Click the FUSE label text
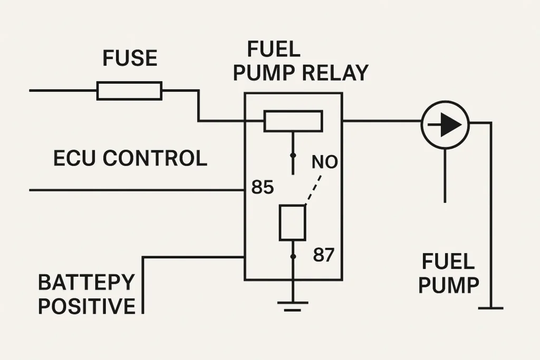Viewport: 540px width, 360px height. [130, 58]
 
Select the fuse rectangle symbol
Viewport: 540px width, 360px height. [129, 91]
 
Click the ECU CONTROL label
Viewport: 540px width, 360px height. [130, 158]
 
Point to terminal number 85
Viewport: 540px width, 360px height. [262, 187]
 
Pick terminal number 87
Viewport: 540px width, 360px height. [323, 255]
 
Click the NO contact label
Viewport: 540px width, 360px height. [324, 162]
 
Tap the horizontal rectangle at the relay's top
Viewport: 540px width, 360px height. [293, 121]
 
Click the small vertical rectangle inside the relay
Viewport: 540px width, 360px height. [293, 223]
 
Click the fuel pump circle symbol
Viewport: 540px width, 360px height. [445, 125]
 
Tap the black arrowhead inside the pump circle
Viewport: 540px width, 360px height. [451, 125]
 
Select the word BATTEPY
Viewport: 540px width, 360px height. [86, 283]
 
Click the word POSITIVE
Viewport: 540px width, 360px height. [86, 306]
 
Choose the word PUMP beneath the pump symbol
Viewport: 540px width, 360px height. [448, 285]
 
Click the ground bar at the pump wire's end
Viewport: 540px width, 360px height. [491, 308]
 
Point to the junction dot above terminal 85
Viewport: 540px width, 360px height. [293, 156]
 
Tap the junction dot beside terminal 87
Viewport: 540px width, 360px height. [293, 257]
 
